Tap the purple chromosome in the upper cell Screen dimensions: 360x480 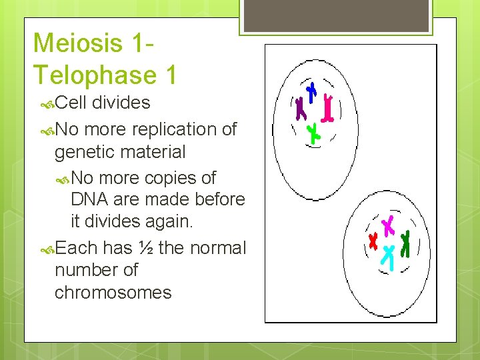(299, 108)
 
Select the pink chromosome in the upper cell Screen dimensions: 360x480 (327, 108)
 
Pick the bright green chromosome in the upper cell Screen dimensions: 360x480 (313, 133)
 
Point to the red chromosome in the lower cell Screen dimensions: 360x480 (373, 239)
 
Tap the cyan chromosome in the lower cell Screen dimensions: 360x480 (388, 255)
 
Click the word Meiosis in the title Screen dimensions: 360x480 (78, 43)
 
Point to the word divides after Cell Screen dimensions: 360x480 (121, 103)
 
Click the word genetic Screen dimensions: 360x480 (83, 151)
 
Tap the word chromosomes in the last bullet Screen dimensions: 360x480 (113, 292)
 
